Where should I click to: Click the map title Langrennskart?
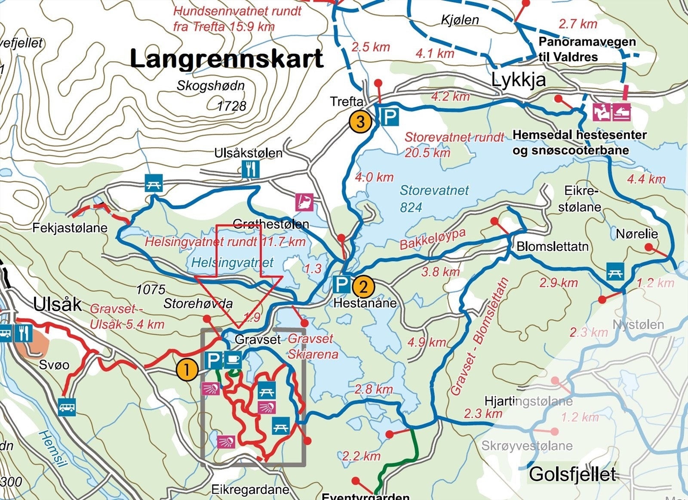pos(226,59)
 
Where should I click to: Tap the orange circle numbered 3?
pos(360,122)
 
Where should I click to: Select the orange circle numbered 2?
pos(363,287)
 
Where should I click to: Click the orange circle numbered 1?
pos(187,370)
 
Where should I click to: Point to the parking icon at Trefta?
pos(390,116)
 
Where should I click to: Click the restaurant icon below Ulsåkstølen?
pos(250,169)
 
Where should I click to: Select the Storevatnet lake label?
pos(434,190)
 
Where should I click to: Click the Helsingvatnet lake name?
pos(232,262)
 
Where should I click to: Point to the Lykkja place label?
pos(518,80)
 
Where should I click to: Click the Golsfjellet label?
pos(572,474)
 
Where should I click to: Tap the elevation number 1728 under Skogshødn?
pos(232,106)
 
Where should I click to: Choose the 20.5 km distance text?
pos(427,153)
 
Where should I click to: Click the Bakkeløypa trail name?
pos(433,239)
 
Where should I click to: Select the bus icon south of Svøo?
pos(67,407)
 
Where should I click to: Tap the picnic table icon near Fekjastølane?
pos(154,183)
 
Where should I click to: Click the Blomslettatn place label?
pos(553,247)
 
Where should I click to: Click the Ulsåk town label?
pos(57,304)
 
